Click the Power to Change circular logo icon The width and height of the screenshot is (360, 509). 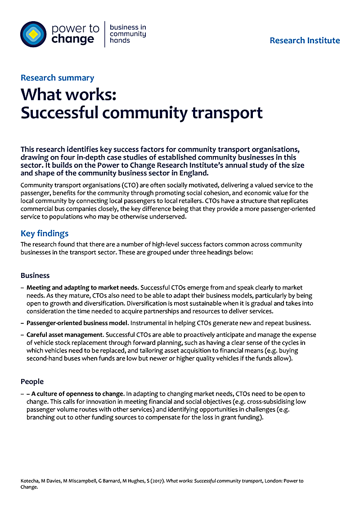point(34,34)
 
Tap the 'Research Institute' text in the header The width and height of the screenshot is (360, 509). point(305,40)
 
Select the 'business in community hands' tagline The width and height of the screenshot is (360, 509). point(128,34)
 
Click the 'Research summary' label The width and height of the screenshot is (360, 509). point(57,78)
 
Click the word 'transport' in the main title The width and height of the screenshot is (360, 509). point(227,113)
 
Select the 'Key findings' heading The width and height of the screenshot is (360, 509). point(45,233)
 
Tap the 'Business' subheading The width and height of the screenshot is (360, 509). point(35,275)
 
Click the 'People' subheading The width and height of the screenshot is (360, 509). point(32,381)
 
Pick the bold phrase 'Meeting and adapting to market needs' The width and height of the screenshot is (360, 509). point(82,287)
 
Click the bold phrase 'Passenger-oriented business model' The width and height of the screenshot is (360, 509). point(78,323)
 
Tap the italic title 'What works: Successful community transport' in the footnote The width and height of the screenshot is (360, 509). point(214,481)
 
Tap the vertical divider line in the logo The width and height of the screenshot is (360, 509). point(105,34)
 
